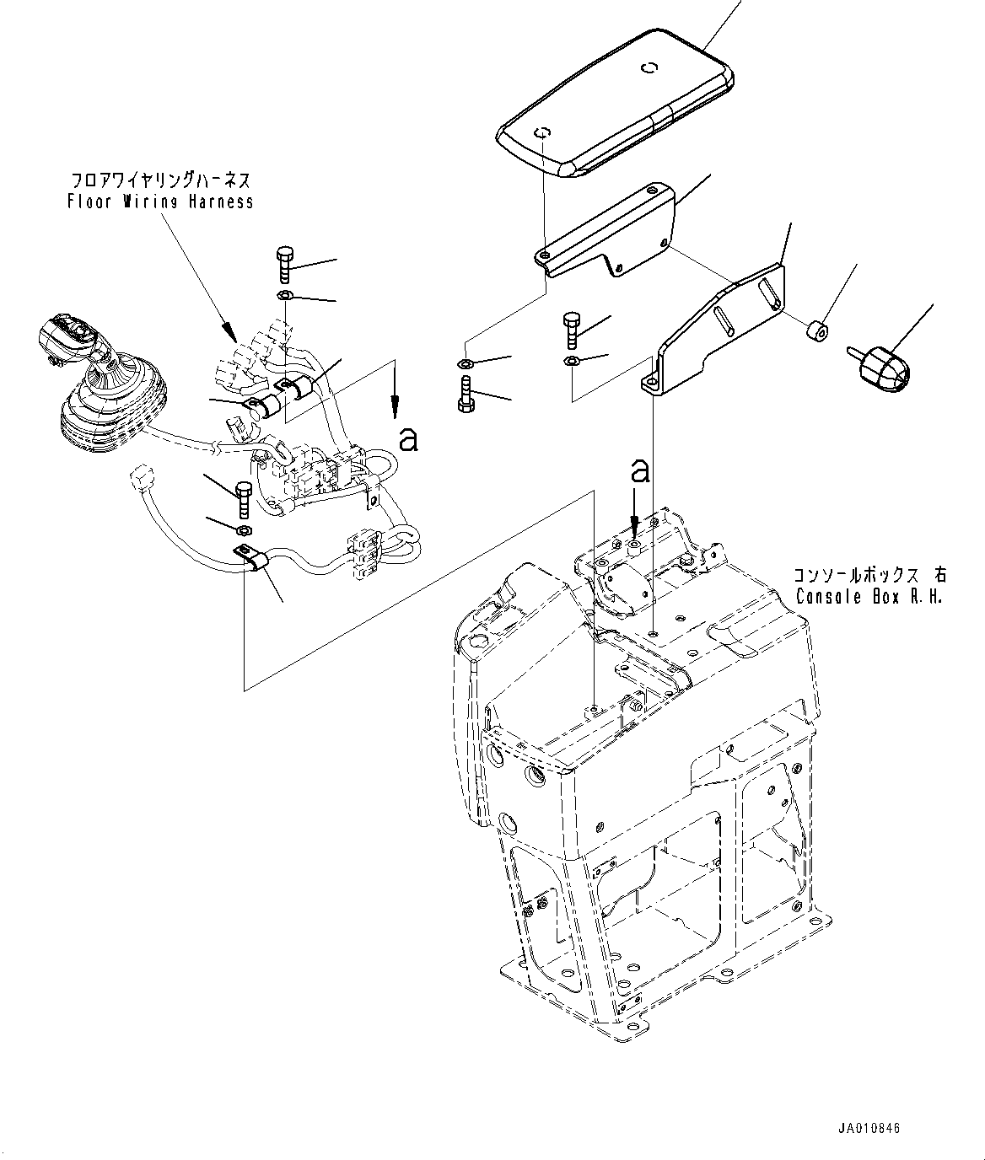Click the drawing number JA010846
(870, 1128)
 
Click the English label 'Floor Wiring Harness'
(159, 201)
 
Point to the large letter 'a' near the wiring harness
(408, 438)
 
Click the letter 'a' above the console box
(641, 470)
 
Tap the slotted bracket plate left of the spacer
(725, 330)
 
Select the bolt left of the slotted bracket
(572, 330)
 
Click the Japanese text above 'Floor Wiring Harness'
(159, 180)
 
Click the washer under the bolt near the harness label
(284, 295)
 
